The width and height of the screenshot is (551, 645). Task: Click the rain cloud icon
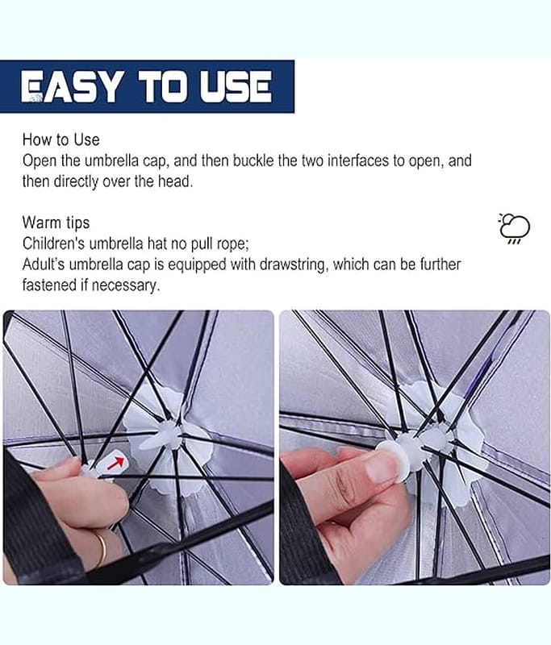click(x=515, y=228)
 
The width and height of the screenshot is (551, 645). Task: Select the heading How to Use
click(x=61, y=139)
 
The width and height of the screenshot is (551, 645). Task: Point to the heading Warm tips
click(x=56, y=223)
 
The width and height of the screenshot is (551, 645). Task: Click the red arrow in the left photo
click(x=115, y=463)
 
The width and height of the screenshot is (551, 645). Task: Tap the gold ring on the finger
click(x=100, y=549)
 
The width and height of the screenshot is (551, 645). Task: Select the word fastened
click(x=51, y=285)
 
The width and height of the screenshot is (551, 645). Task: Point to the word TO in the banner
click(x=163, y=87)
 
